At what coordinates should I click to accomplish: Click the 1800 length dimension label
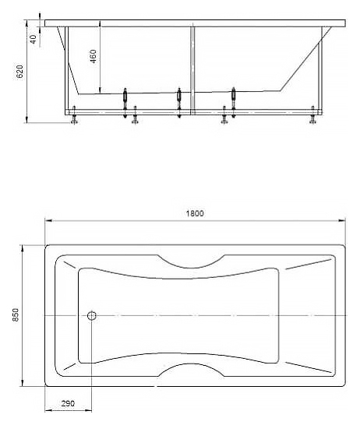195,213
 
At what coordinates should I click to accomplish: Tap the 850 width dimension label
16,315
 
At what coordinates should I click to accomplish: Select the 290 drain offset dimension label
68,403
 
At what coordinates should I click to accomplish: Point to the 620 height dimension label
20,72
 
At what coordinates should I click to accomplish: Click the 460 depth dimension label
93,56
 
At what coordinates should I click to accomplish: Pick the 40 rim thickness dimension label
33,39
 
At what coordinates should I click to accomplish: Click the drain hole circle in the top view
92,315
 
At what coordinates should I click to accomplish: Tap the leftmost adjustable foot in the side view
74,115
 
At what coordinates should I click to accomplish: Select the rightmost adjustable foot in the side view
312,115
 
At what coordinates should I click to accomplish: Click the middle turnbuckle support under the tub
178,103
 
